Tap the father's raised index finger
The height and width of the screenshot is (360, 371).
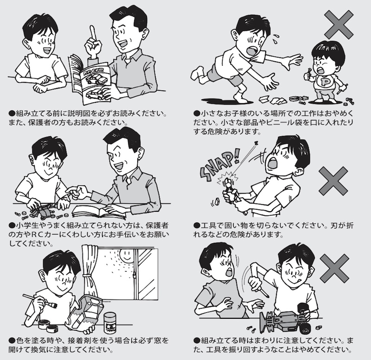point(94,32)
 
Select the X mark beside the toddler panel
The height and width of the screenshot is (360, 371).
point(339,25)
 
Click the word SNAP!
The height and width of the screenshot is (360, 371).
point(219,165)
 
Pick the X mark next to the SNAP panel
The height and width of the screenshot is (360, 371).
point(333,180)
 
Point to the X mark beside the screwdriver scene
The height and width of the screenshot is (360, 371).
point(334,268)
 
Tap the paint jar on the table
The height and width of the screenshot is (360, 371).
point(110,322)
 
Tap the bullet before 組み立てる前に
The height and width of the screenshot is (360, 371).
point(12,113)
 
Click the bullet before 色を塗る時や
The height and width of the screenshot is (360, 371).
point(12,341)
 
